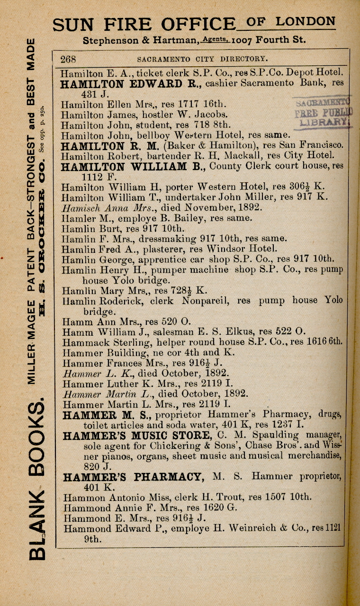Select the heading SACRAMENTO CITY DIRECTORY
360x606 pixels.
(x=202, y=60)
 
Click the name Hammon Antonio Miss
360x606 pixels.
(x=113, y=497)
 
